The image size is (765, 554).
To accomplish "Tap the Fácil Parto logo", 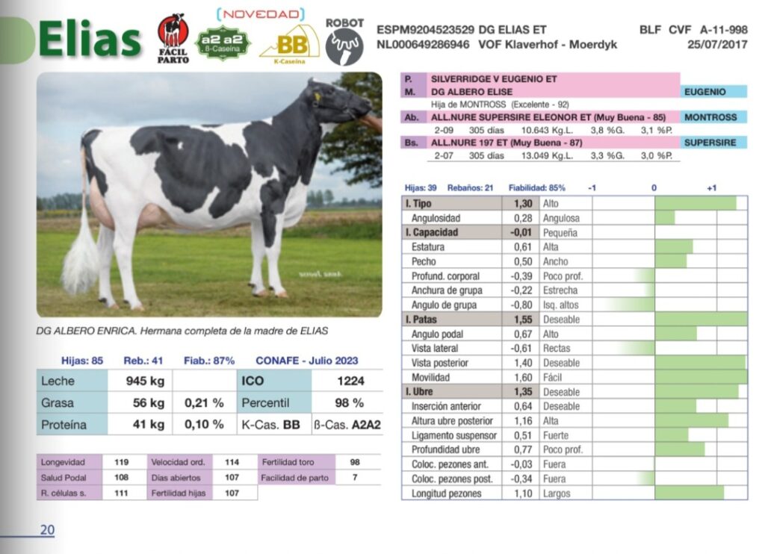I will (173, 38).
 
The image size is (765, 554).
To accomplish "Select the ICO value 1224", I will (350, 381).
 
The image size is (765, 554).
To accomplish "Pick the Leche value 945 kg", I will (145, 381).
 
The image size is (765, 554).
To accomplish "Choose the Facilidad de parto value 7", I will (355, 478).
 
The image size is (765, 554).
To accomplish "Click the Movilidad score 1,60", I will (523, 377).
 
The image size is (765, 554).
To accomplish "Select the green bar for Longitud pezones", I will (690, 493).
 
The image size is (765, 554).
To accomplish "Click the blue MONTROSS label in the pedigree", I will (710, 117).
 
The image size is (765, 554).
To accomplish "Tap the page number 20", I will (47, 530).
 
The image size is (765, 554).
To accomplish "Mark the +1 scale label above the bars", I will (710, 188).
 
